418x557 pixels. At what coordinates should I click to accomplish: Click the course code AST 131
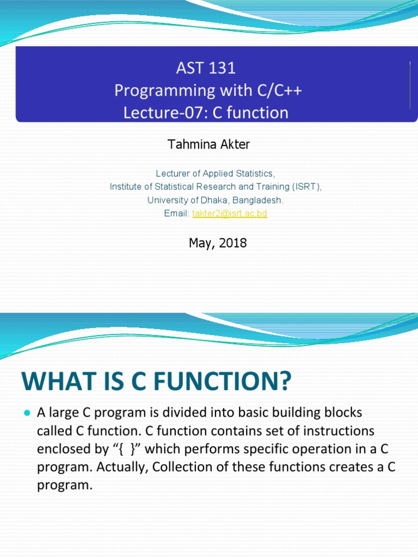[206, 68]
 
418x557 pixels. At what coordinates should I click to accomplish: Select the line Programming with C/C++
[208, 90]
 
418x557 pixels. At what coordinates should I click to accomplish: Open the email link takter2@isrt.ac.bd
[230, 214]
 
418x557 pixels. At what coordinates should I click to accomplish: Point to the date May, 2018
[218, 243]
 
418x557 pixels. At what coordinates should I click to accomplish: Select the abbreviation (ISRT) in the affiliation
[307, 187]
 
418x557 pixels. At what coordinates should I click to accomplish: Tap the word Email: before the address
[177, 214]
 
